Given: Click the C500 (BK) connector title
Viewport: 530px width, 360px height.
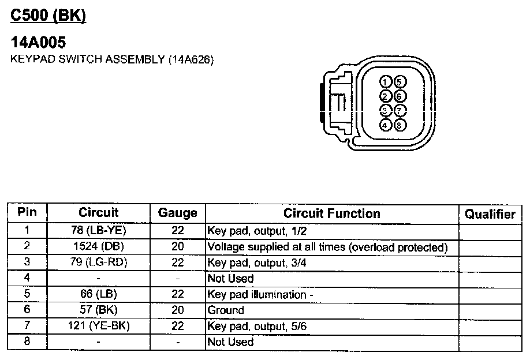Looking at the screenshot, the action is [48, 16].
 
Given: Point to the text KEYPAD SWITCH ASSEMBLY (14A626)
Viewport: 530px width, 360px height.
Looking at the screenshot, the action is [113, 59].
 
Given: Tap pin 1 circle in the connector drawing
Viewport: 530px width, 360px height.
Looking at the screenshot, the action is [386, 82].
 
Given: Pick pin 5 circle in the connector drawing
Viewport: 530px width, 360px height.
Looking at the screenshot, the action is [400, 82].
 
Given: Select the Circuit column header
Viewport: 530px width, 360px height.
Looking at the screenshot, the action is [98, 213].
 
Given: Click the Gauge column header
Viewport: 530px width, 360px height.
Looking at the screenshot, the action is [177, 213].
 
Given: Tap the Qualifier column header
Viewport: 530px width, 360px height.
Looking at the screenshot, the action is [490, 214].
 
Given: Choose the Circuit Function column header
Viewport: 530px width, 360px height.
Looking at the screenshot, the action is [331, 213].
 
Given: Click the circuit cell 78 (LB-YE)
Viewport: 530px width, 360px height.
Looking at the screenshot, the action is [99, 231].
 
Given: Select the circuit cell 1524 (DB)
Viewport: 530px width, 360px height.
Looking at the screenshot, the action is [99, 247].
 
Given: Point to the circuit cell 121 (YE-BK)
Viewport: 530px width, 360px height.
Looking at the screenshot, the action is [99, 326].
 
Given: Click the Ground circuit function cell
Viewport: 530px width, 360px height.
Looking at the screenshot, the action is [226, 310].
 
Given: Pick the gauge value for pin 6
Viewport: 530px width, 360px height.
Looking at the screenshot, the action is [178, 310].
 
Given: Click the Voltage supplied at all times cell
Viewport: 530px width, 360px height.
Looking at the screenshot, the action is [327, 247].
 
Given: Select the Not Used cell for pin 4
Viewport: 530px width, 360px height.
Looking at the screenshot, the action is [230, 279].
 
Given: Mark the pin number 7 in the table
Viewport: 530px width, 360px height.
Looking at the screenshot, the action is [27, 326].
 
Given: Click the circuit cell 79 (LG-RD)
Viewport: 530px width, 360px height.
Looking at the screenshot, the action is [99, 262].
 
